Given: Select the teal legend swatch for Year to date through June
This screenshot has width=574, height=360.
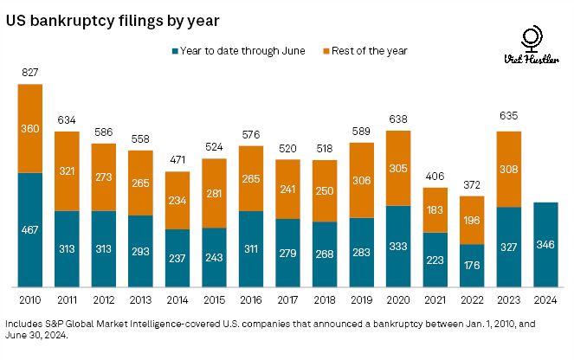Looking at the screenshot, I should (x=174, y=50).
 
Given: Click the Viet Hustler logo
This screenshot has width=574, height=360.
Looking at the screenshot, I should (x=529, y=48).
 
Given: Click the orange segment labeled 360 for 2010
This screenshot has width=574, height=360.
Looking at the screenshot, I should (x=30, y=128).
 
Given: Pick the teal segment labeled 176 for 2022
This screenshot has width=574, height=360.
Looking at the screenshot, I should (x=473, y=265).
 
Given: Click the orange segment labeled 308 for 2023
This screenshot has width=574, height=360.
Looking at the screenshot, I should (x=509, y=169).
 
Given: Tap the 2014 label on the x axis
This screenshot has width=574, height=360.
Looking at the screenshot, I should (x=177, y=299).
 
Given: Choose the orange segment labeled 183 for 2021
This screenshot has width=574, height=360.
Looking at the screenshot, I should (x=435, y=209).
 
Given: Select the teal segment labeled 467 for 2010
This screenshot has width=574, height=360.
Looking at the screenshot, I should (x=30, y=229).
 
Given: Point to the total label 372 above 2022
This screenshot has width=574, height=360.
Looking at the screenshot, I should (x=473, y=183).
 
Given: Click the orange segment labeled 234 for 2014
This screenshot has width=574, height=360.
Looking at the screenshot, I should (x=177, y=200).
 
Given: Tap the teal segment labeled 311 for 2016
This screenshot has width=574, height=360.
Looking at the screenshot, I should (x=251, y=248).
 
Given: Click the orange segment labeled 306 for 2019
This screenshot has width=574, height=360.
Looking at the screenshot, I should (x=362, y=179).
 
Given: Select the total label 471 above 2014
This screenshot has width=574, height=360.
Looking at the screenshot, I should (x=177, y=160).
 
